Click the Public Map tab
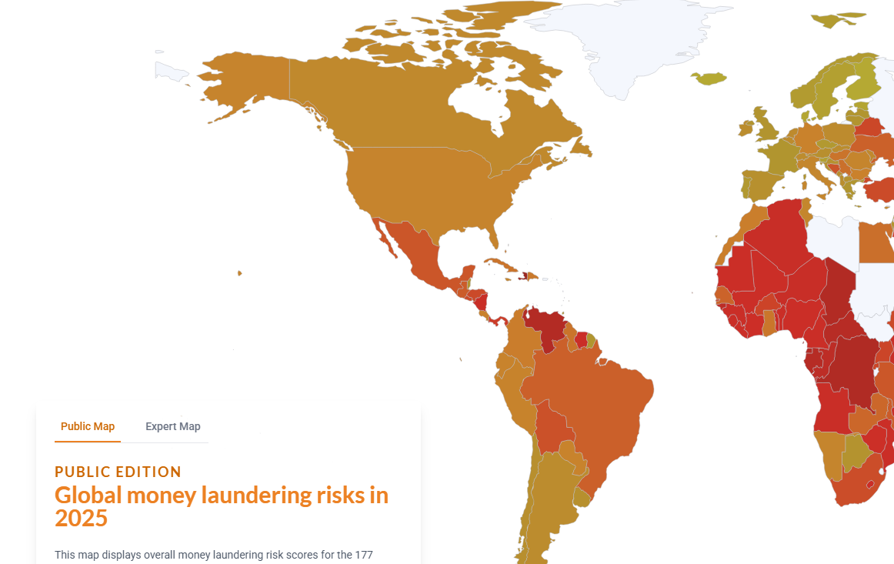pyautogui.click(x=88, y=426)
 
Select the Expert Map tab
pyautogui.click(x=172, y=426)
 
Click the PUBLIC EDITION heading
pyautogui.click(x=118, y=472)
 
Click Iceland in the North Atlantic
pyautogui.click(x=709, y=78)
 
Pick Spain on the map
pyautogui.click(x=762, y=185)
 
